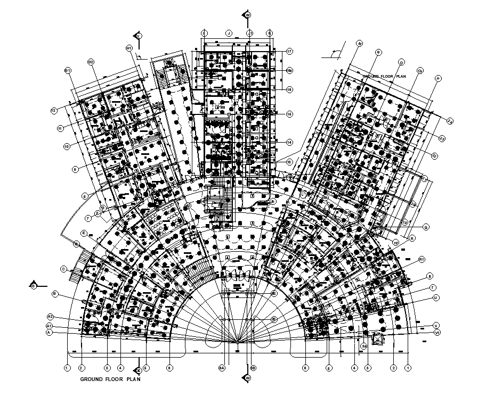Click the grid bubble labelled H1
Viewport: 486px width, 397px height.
129,48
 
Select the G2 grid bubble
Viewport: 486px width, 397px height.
91,62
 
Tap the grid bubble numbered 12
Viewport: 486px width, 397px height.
54,110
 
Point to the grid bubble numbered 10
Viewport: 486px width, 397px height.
67,146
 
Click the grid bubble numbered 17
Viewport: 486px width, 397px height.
289,51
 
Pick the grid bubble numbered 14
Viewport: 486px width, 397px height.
289,142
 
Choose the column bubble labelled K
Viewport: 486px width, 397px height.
270,32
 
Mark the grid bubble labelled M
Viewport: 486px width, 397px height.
377,52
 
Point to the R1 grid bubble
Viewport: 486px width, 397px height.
421,259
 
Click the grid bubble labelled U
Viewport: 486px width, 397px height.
435,297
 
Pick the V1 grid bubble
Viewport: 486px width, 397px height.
436,332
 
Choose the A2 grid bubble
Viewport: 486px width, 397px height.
50,316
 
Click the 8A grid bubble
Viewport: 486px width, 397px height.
222,367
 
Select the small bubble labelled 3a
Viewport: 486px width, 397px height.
364,346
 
